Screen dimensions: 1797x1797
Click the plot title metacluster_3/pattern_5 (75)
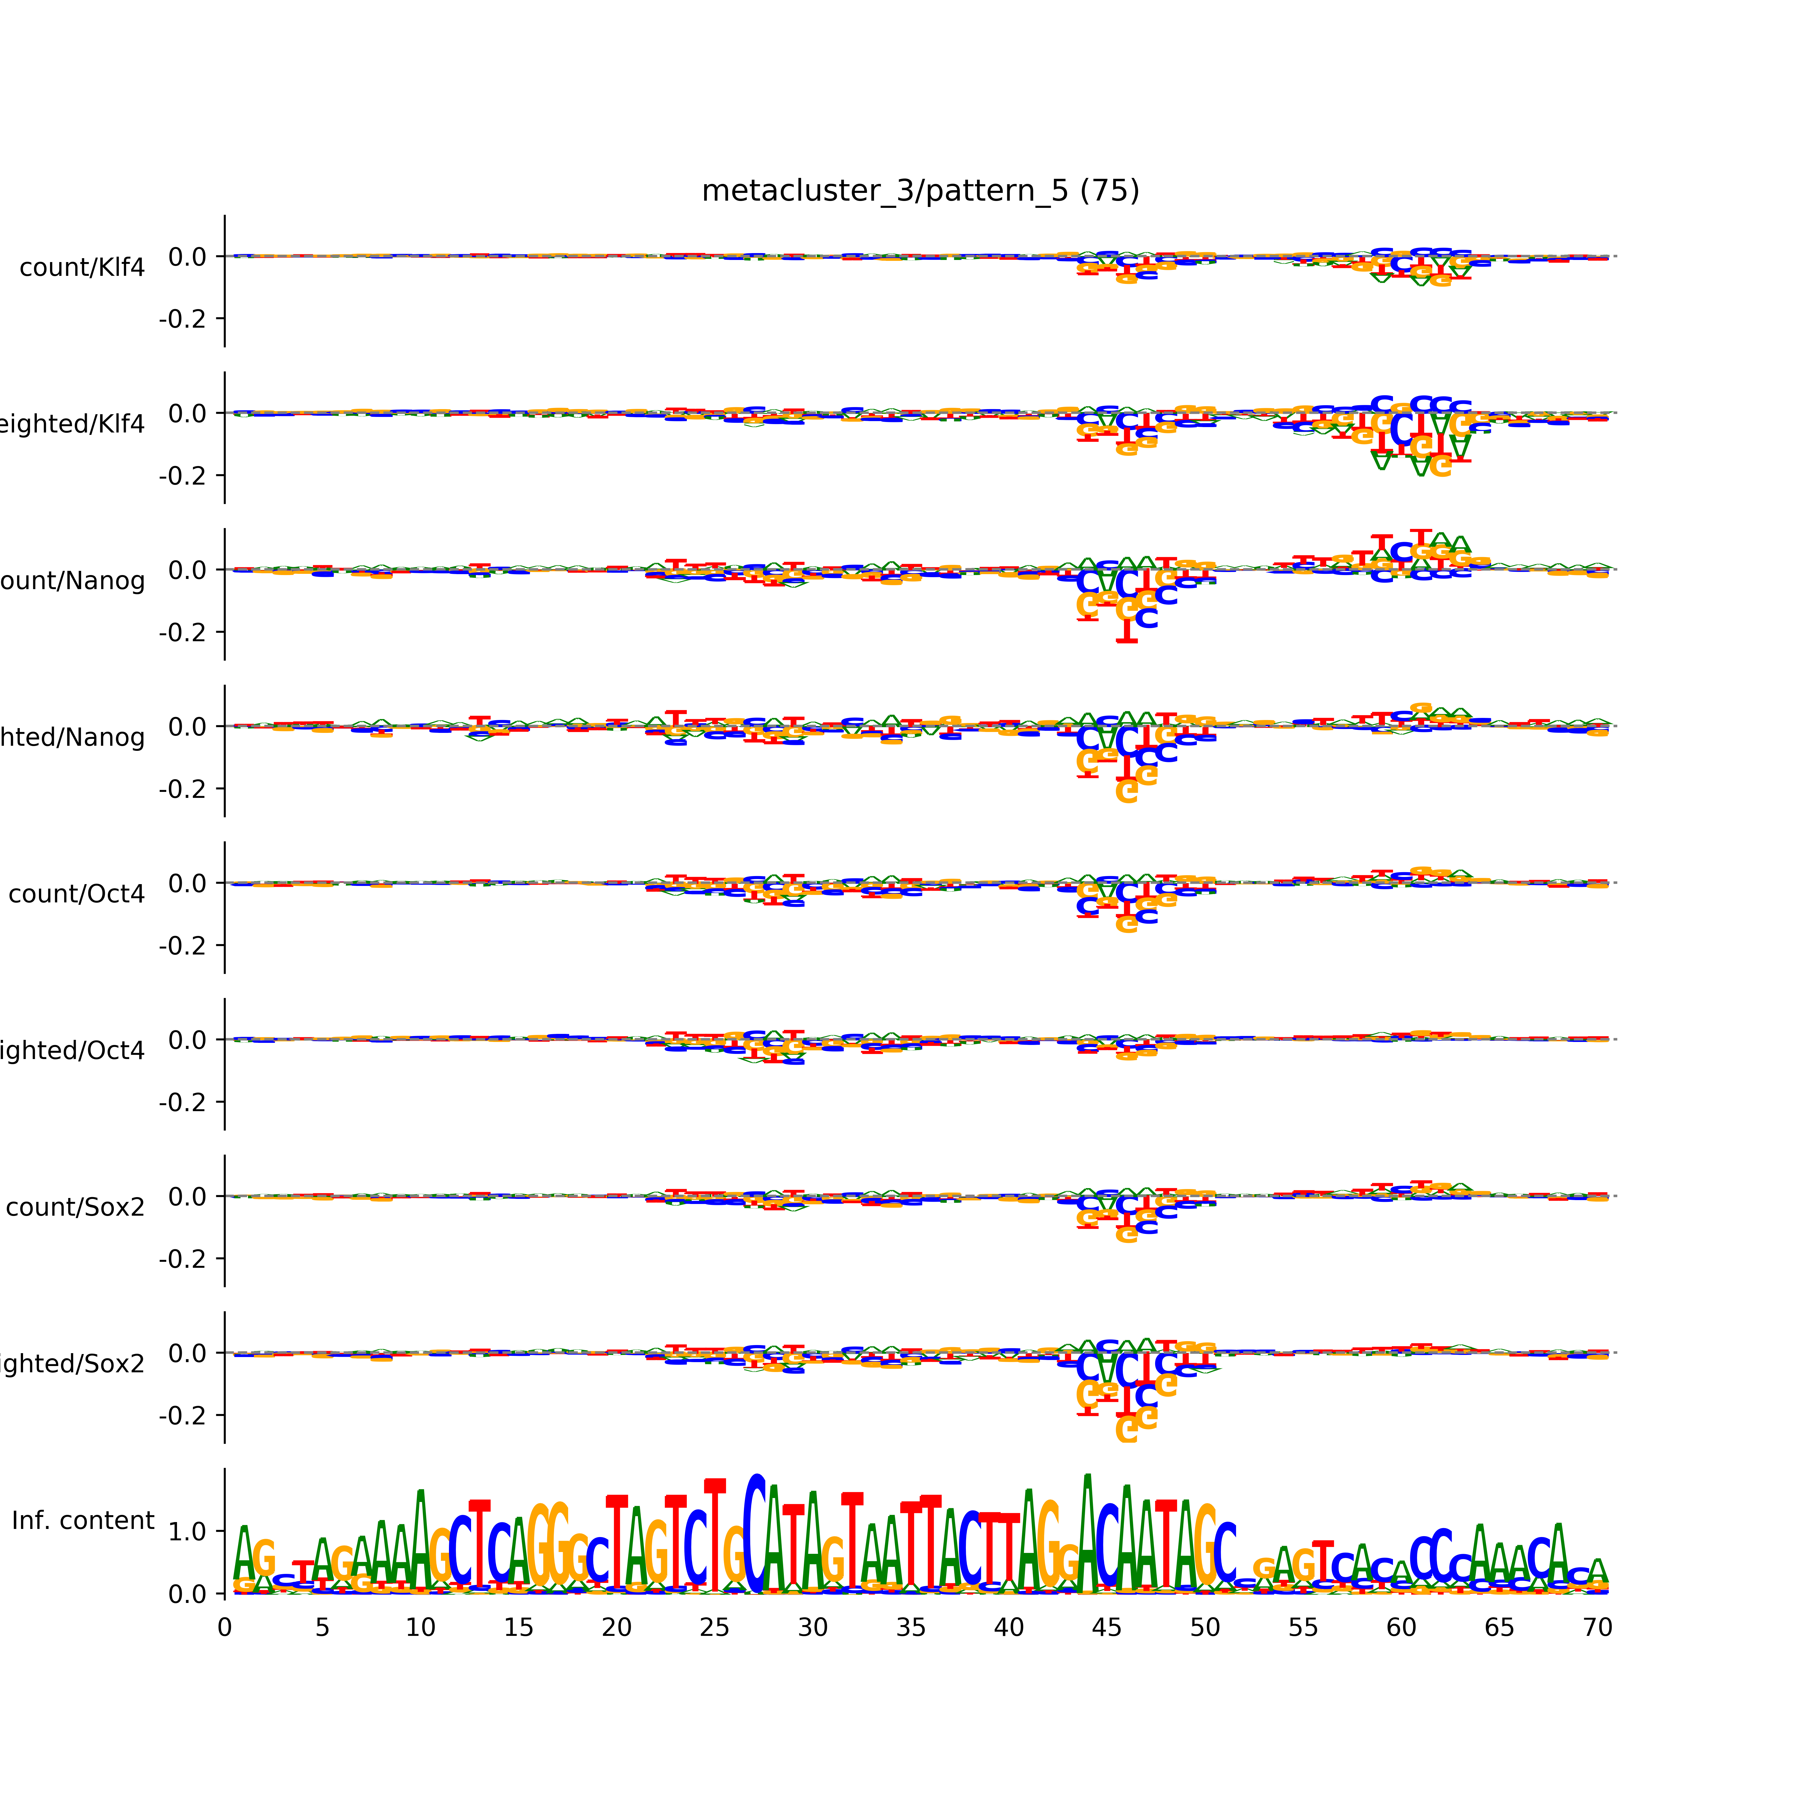[x=920, y=191]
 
